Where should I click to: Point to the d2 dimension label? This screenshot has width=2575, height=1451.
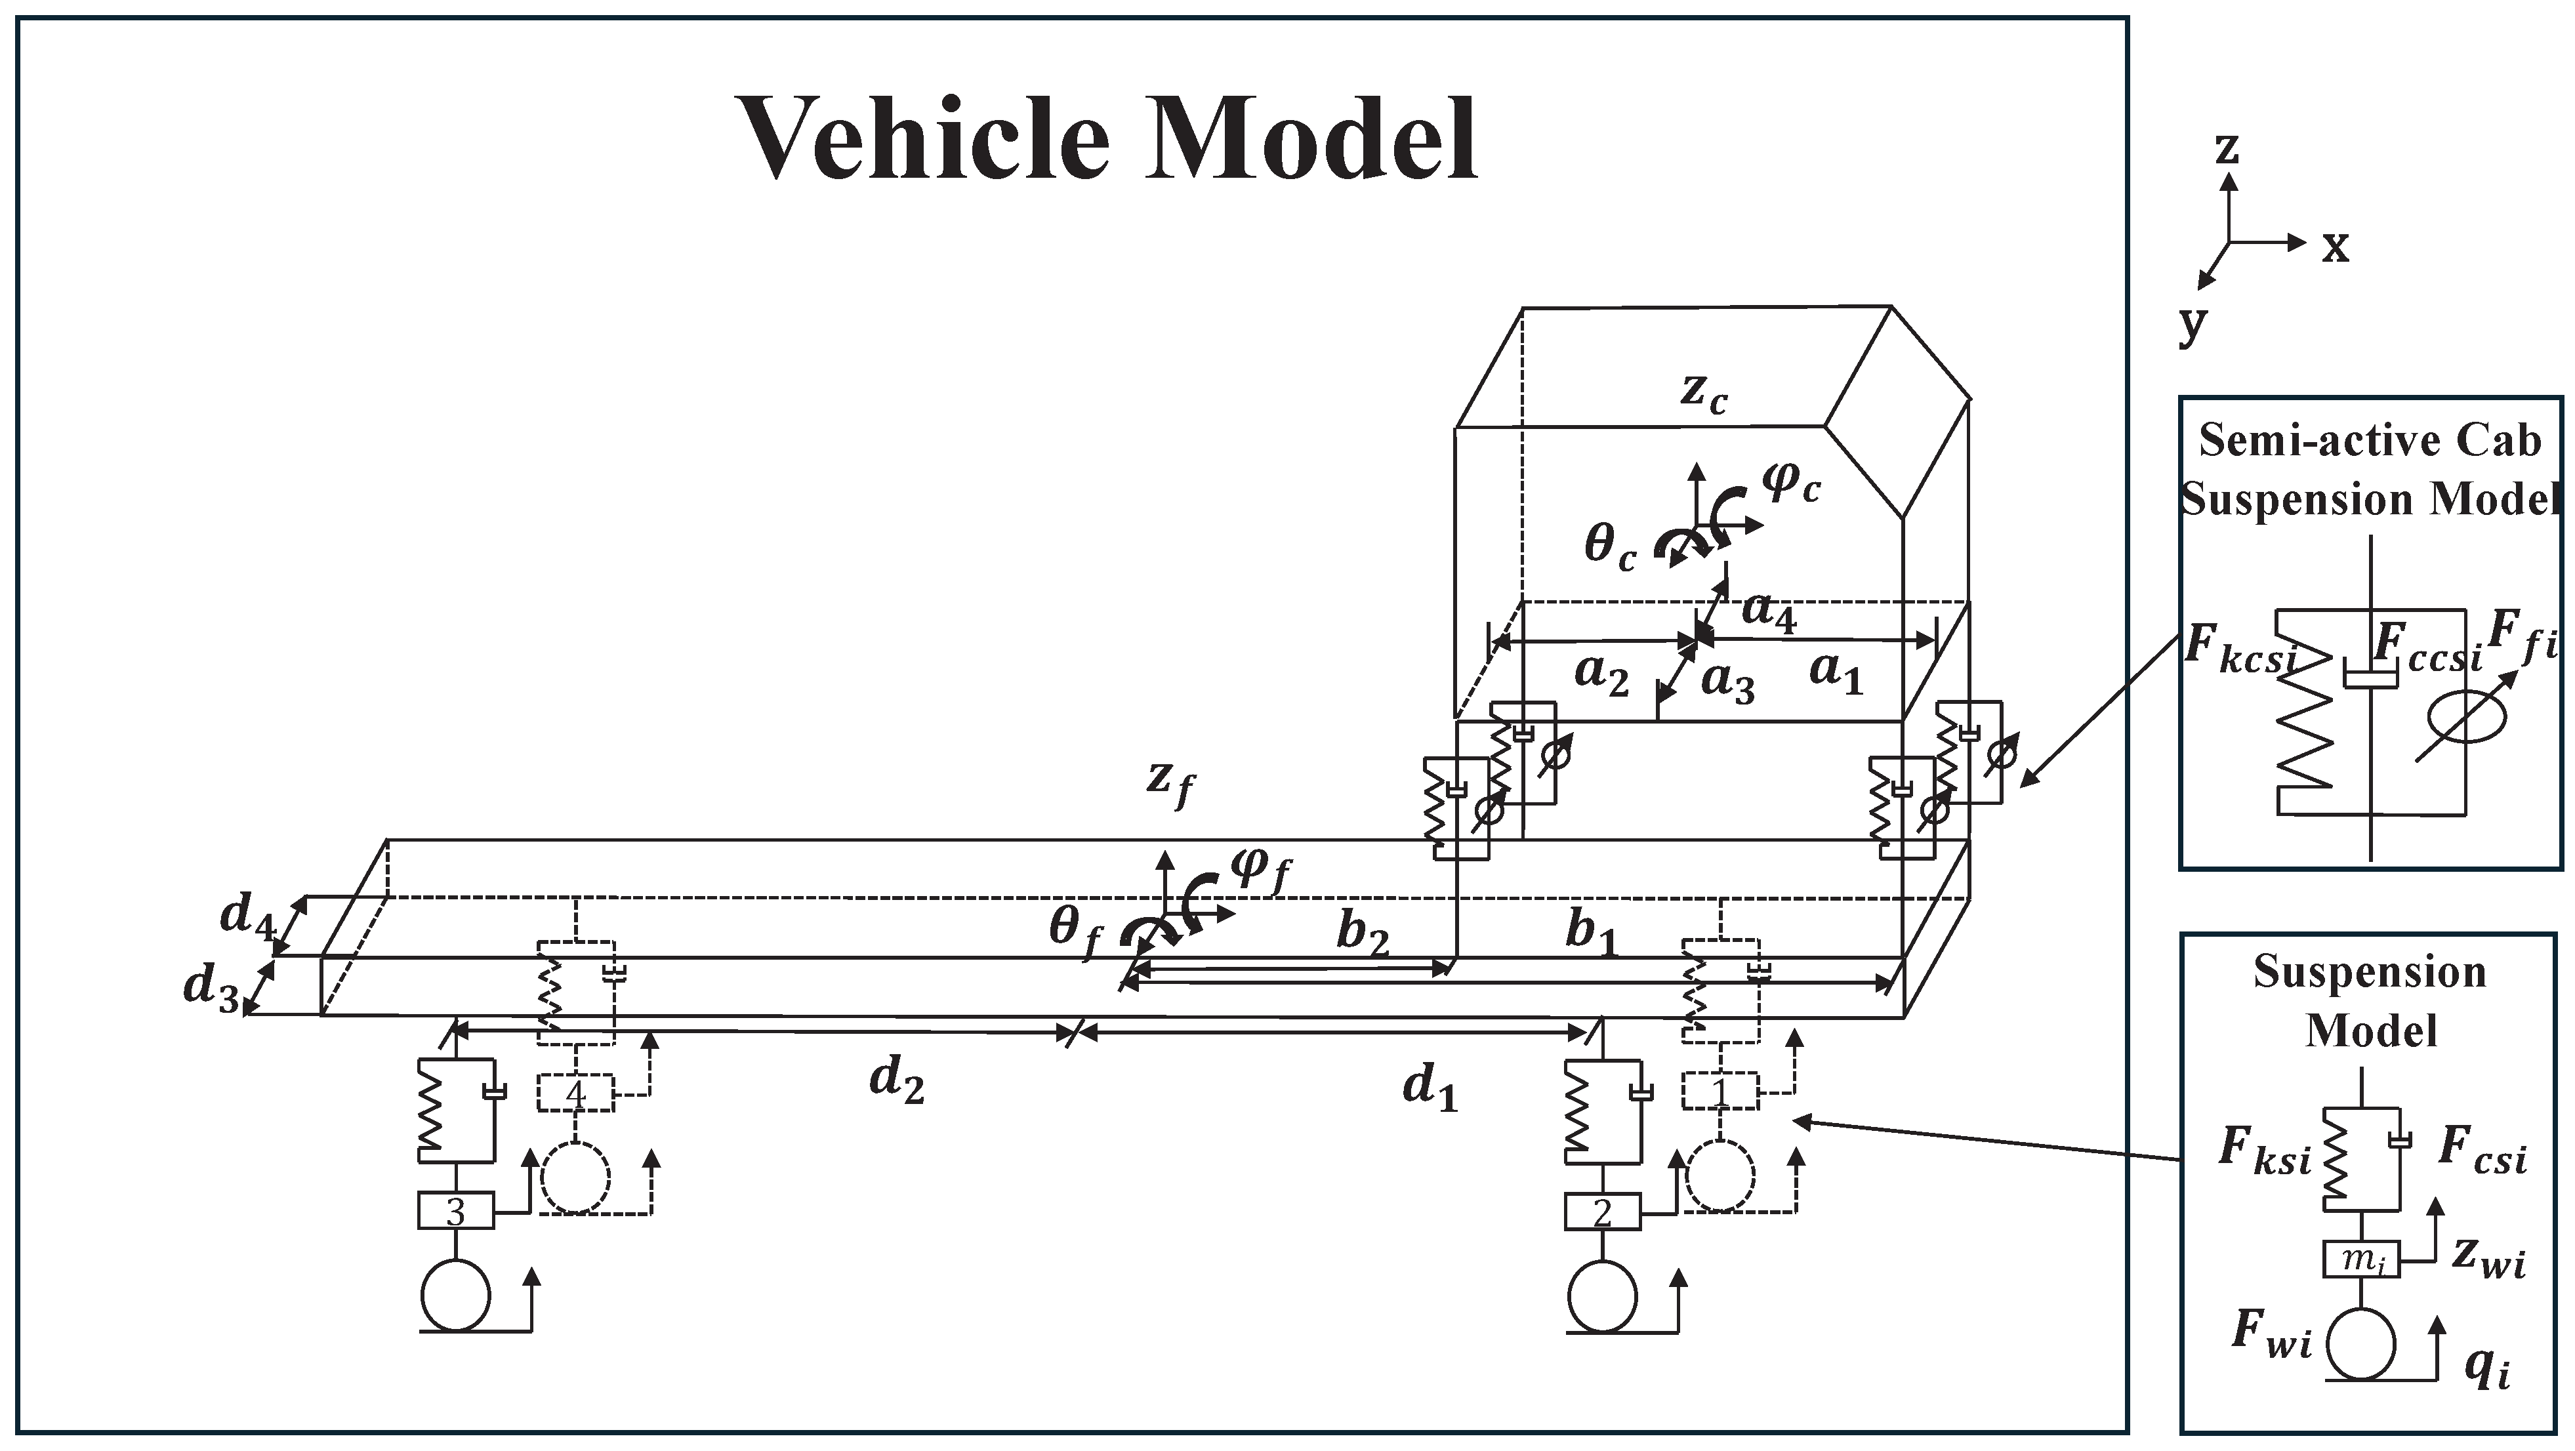(897, 1080)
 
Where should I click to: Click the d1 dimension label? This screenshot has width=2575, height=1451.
(1430, 1087)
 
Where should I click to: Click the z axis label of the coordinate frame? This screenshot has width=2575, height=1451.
(2226, 148)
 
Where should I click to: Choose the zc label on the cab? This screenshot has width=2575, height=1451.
(1703, 393)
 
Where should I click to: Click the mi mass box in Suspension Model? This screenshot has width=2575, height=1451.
(2360, 1260)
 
